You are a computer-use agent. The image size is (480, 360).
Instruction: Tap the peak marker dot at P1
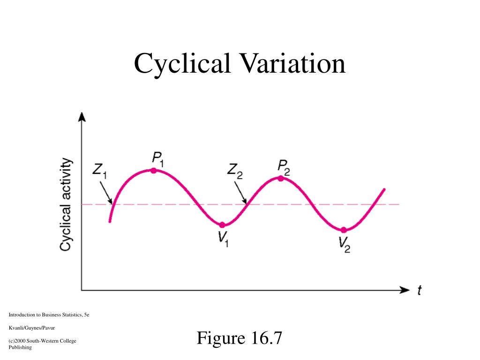pyautogui.click(x=153, y=170)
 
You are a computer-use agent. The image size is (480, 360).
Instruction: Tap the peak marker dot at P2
pyautogui.click(x=280, y=178)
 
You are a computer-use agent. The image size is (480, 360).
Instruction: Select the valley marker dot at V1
pyautogui.click(x=222, y=225)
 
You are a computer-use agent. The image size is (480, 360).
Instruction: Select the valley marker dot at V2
pyautogui.click(x=344, y=230)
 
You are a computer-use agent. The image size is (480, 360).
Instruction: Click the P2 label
pyautogui.click(x=284, y=167)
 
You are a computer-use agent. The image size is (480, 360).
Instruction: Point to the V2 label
pyautogui.click(x=345, y=244)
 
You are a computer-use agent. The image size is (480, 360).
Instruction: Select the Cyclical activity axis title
pyautogui.click(x=67, y=204)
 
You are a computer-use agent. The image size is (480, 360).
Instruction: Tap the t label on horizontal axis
pyautogui.click(x=419, y=291)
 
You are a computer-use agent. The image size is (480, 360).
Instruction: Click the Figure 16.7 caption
pyautogui.click(x=240, y=337)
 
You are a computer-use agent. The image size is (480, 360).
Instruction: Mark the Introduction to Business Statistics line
pyautogui.click(x=49, y=315)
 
